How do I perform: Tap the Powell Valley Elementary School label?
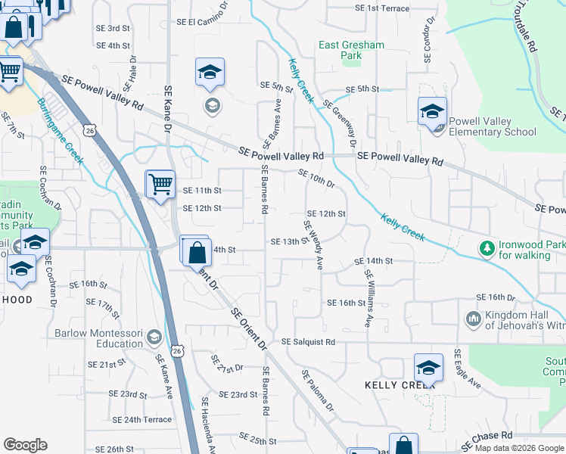pos(492,126)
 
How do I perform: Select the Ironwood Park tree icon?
pos(486,247)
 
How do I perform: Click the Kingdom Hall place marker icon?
pos(474,319)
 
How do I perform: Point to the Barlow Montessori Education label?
pos(98,337)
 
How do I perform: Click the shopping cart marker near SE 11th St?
pos(160,184)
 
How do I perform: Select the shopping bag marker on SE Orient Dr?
pos(196,251)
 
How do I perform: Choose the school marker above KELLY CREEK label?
pos(428,368)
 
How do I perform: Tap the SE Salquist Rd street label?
pos(308,342)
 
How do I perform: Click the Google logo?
pos(25,445)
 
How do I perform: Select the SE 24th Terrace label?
pos(142,419)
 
